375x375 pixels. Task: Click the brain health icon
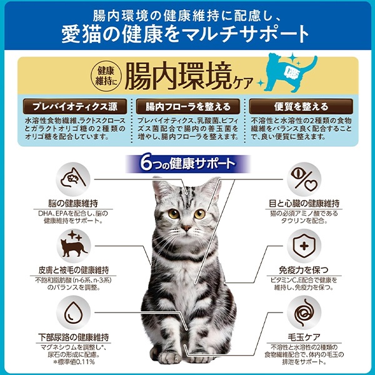[73, 179]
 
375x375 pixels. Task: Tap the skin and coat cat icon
[74, 246]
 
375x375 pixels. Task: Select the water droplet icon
[74, 312]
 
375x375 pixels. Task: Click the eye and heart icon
[304, 179]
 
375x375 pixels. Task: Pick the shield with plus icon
[304, 246]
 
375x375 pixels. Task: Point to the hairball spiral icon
[304, 312]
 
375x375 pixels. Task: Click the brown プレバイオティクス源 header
[75, 106]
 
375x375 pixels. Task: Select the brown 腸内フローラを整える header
[188, 106]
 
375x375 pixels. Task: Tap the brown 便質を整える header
[301, 106]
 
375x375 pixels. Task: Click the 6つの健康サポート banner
[188, 164]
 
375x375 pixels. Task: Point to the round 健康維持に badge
[106, 76]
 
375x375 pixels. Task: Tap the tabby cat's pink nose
[186, 227]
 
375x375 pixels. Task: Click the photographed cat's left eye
[174, 213]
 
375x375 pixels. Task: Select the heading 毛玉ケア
[304, 337]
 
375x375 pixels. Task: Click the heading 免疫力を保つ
[304, 270]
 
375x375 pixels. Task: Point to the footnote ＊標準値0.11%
[74, 362]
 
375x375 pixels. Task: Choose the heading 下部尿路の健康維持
[74, 337]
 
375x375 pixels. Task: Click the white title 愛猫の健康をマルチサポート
[186, 34]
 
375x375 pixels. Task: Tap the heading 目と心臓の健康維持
[304, 204]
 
